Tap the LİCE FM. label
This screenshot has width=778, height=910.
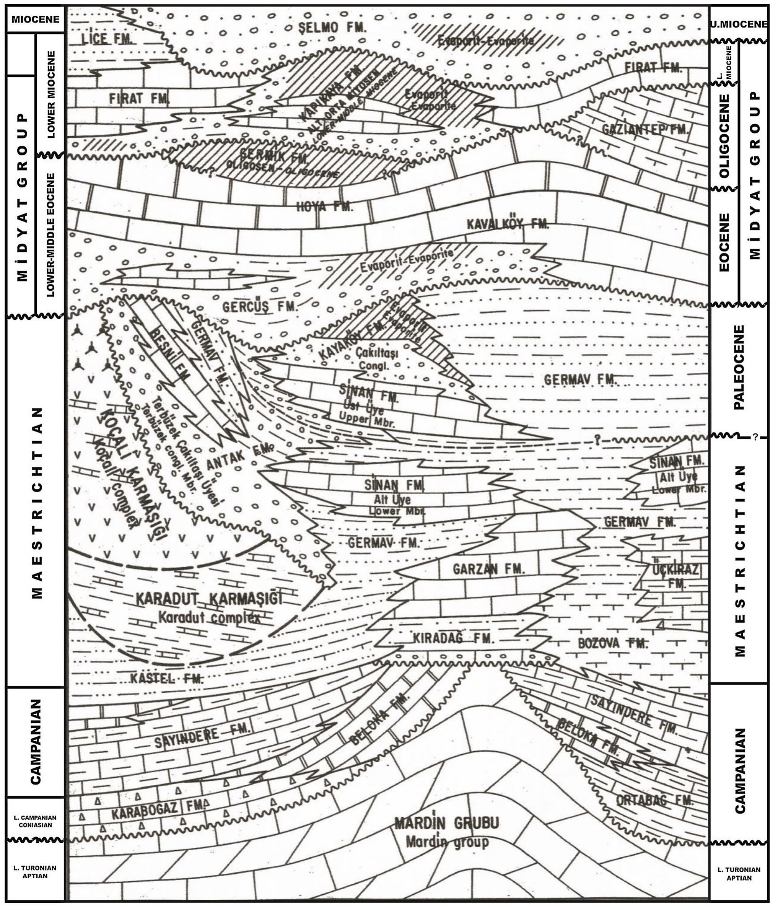107,39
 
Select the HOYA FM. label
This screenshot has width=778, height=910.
325,207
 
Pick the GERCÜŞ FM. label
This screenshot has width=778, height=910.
260,306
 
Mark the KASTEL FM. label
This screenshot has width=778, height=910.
167,679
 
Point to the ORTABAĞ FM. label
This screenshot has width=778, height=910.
654,800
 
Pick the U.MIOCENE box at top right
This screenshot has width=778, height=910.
739,24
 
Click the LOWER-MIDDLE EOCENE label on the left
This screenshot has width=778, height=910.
50,235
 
